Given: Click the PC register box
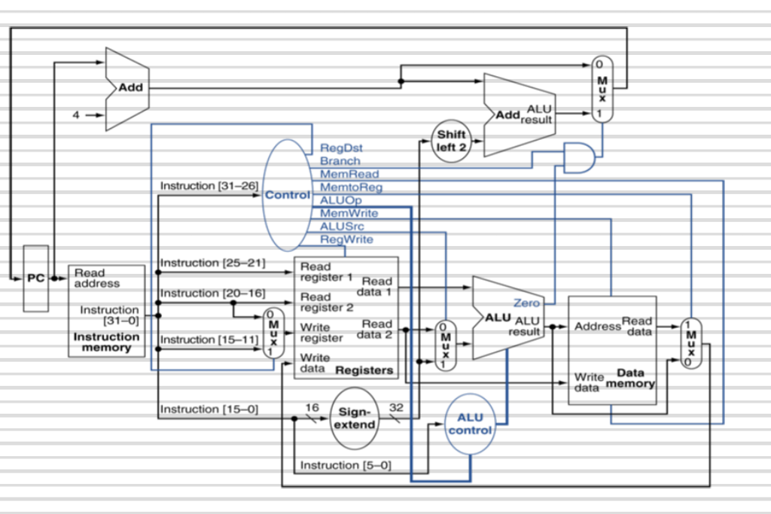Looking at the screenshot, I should [35, 278].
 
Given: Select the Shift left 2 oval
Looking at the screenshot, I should [452, 140].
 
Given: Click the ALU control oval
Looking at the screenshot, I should [470, 424].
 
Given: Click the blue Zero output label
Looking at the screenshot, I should [526, 303].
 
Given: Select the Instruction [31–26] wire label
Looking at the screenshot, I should [209, 186].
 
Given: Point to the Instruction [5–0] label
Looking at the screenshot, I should [346, 465].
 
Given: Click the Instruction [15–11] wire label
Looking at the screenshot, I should [209, 339].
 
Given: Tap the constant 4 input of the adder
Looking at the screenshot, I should [75, 115].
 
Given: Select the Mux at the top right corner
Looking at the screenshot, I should [602, 88].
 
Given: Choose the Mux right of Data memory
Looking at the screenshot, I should [690, 342].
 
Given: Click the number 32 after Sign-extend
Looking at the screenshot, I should [396, 407].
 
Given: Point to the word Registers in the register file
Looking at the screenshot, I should [364, 370].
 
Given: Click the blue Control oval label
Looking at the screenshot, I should [286, 195].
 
